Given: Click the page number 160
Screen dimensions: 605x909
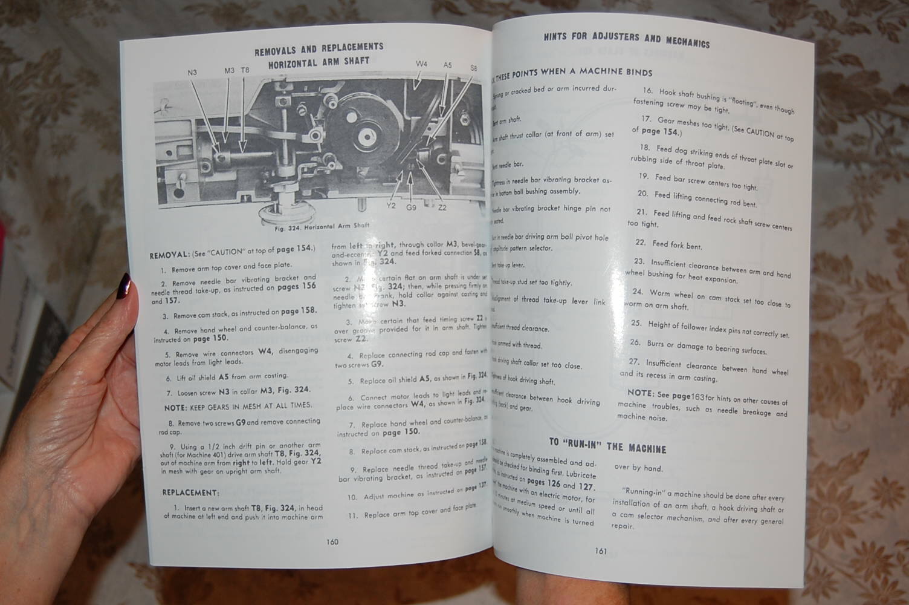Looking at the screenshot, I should tap(332, 541).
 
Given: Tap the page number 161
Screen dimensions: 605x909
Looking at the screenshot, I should tap(601, 551).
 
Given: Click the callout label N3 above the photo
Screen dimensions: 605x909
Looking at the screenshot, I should tap(192, 73).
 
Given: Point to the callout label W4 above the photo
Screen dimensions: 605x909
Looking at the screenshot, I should tap(421, 64).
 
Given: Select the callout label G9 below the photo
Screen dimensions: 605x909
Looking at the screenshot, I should tap(411, 208).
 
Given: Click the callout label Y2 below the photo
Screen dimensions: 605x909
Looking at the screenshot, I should tap(391, 206).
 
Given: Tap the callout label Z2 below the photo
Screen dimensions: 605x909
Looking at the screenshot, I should tap(442, 208).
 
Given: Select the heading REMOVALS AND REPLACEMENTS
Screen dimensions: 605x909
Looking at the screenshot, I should tap(319, 47).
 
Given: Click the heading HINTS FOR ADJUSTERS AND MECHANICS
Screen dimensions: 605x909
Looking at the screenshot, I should tap(626, 39).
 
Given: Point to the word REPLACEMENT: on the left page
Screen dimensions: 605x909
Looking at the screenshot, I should tap(190, 492).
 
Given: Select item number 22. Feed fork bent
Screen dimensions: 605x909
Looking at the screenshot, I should tap(668, 244).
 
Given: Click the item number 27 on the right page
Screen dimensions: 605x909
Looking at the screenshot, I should tap(634, 362).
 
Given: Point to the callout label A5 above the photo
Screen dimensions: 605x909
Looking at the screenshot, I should tap(447, 65).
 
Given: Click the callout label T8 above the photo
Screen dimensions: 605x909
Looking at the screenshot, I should tap(245, 70).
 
